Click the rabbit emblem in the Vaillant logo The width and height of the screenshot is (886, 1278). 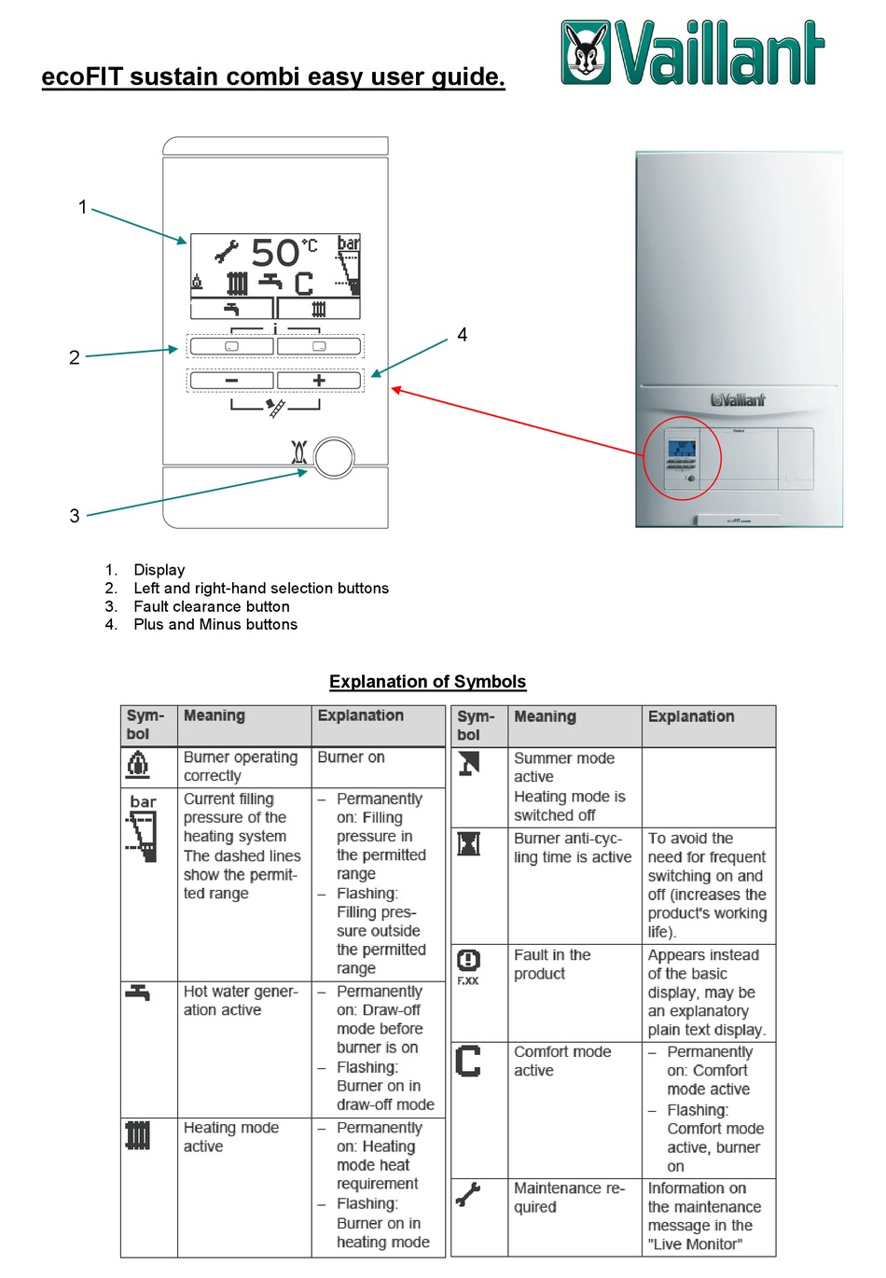click(585, 52)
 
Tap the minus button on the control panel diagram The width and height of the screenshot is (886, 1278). click(231, 380)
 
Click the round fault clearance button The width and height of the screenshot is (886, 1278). click(334, 458)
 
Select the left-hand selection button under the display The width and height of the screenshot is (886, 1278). click(231, 346)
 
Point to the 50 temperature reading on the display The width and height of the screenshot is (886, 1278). click(275, 253)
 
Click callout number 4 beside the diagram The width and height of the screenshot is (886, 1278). click(462, 335)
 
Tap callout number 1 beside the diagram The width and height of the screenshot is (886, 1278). click(83, 207)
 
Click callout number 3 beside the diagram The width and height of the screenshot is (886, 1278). click(75, 516)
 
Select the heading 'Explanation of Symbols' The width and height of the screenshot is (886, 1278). click(427, 681)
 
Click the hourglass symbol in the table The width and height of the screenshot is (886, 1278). click(468, 844)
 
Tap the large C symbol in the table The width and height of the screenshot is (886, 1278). click(468, 1062)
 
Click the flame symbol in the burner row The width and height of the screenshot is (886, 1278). click(137, 765)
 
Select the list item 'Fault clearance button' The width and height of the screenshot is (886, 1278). click(212, 606)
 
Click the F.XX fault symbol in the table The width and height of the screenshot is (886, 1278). click(468, 968)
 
